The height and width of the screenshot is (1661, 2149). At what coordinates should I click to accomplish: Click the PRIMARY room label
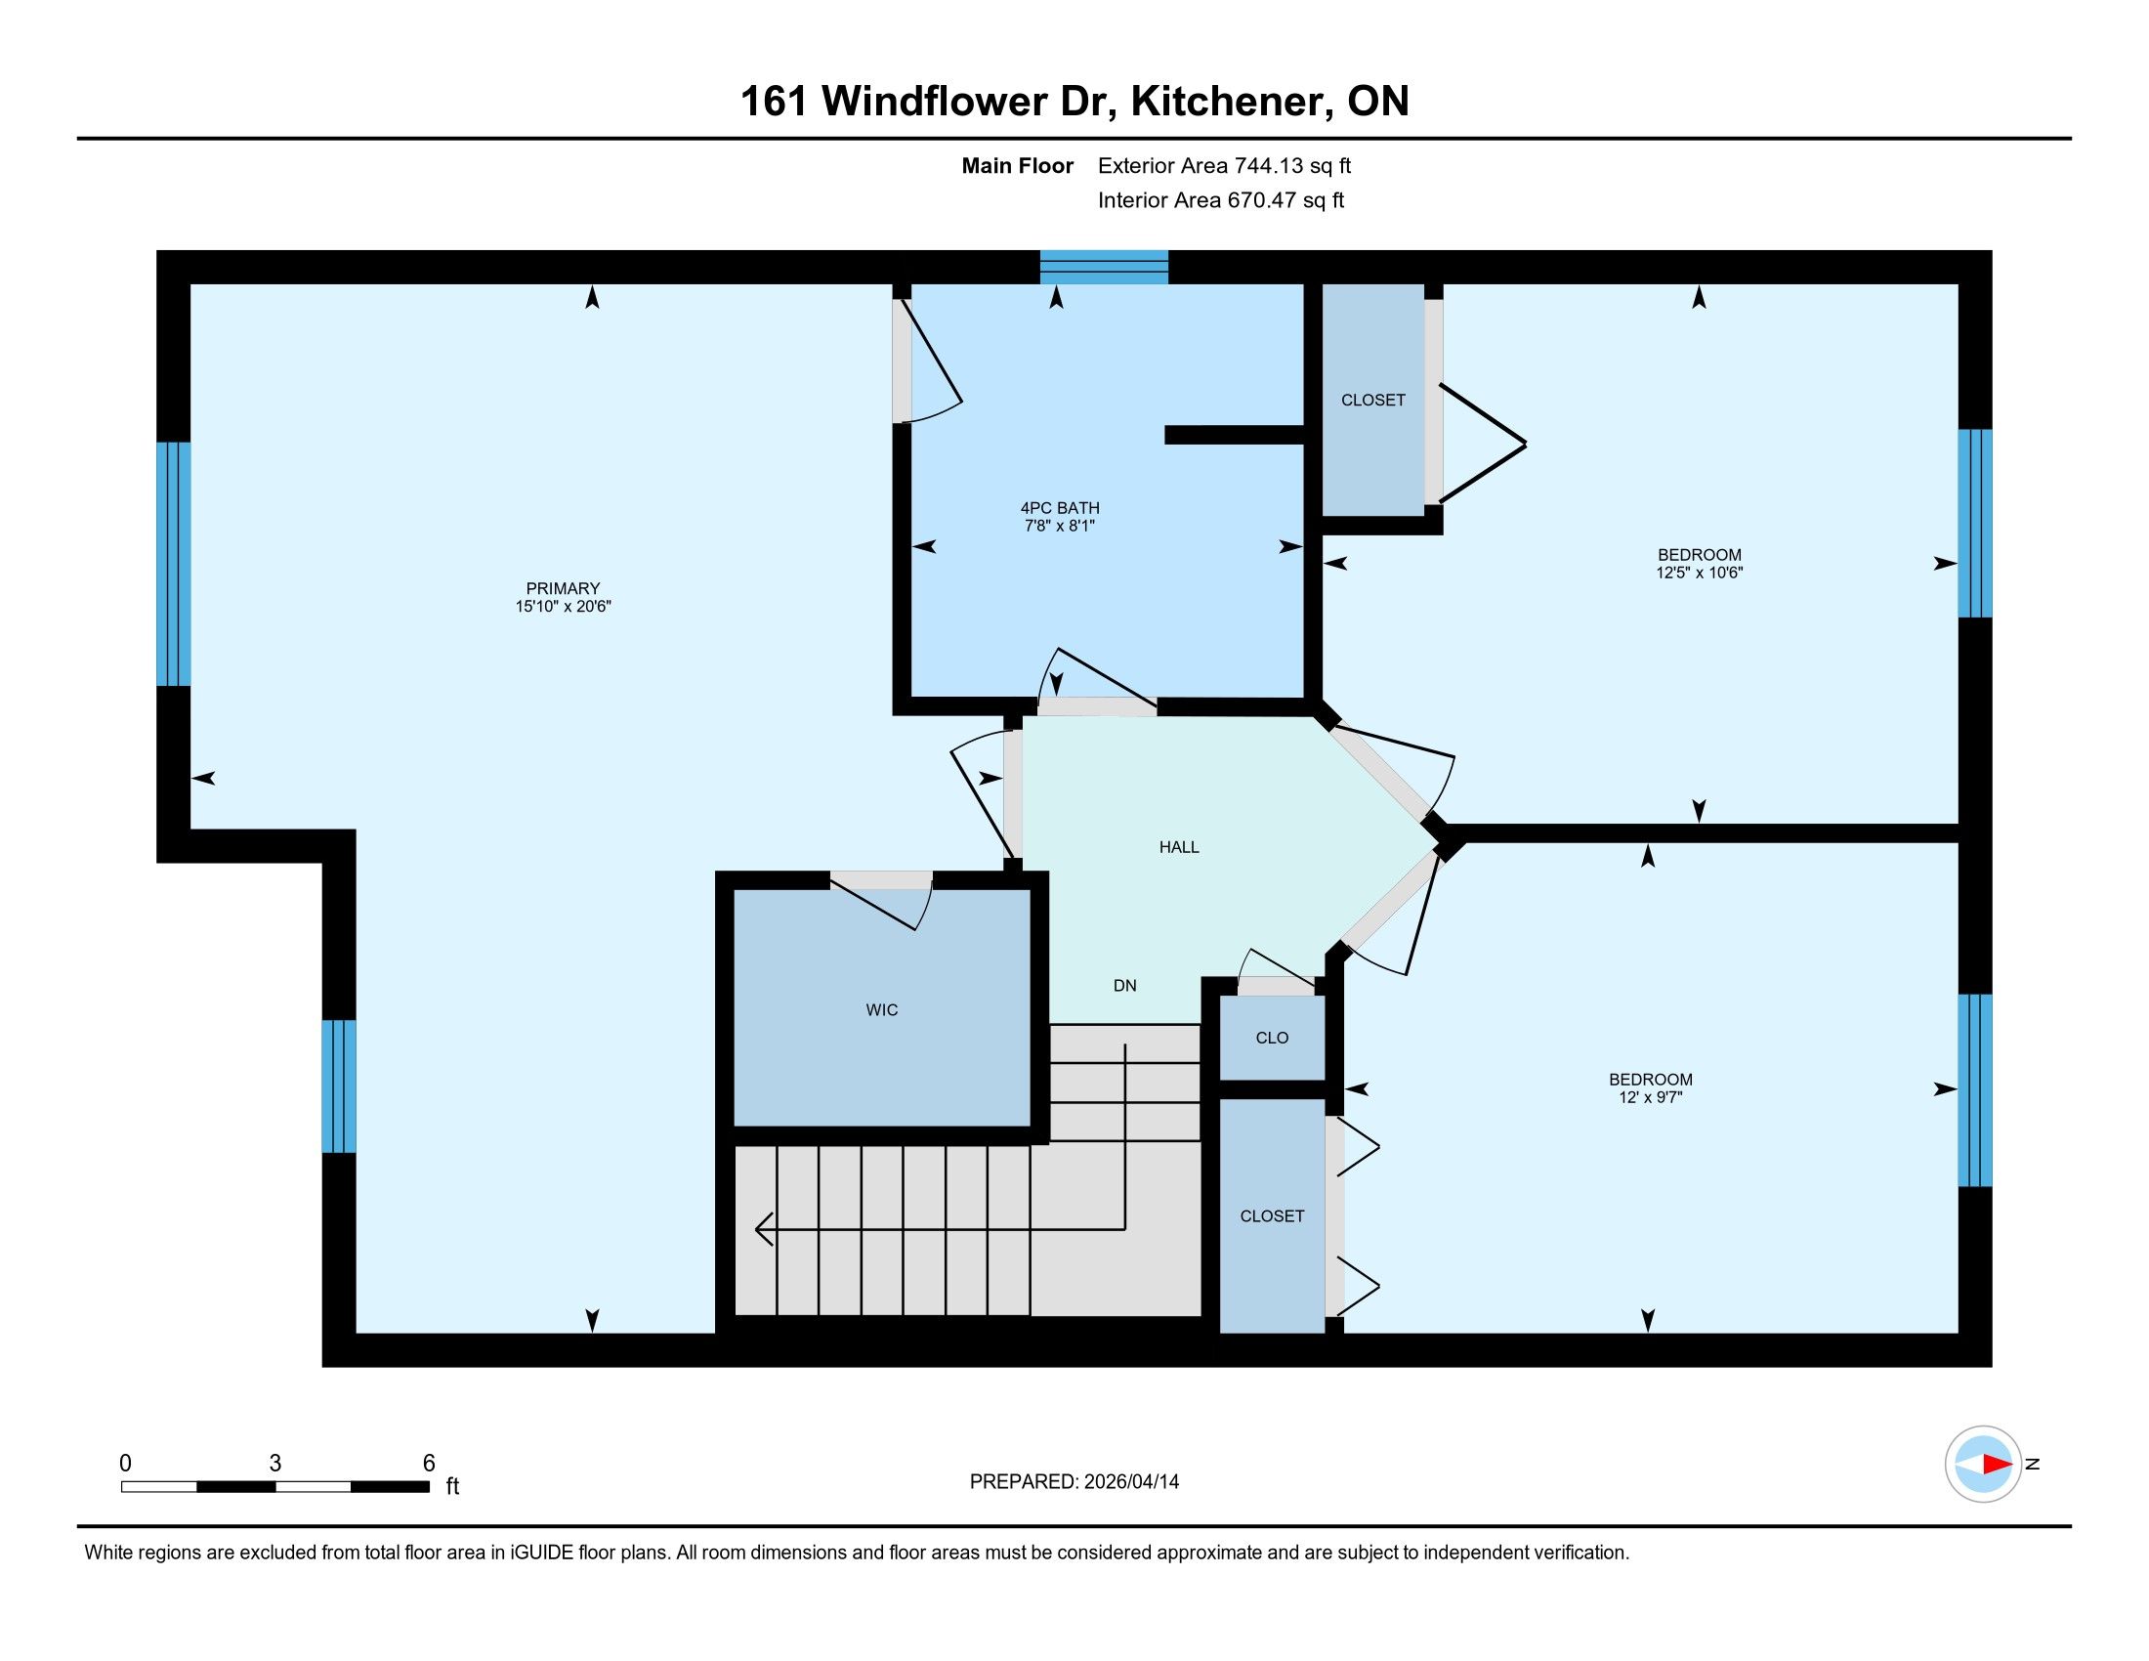[563, 588]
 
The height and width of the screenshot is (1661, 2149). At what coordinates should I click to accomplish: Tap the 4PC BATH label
[1060, 508]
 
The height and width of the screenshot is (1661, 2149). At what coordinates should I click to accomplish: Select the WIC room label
[882, 1009]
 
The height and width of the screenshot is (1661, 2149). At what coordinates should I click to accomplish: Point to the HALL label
[1179, 846]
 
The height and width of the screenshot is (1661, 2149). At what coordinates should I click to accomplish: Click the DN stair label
[1124, 985]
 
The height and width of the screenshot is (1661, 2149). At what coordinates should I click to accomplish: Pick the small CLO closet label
[1272, 1037]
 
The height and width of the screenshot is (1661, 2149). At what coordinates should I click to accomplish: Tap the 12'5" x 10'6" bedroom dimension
[1700, 572]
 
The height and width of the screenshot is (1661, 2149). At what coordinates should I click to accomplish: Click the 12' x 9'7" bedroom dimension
[1650, 1096]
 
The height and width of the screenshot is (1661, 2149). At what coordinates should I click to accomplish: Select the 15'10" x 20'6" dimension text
[563, 606]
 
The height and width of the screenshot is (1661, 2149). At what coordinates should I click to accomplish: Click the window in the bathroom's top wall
[1104, 267]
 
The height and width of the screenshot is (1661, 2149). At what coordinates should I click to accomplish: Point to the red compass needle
[1997, 1465]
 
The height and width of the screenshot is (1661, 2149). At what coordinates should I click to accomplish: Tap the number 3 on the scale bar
[275, 1464]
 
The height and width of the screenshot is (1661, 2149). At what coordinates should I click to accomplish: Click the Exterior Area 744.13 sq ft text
[1224, 165]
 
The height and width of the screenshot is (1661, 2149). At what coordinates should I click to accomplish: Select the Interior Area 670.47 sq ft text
[1220, 199]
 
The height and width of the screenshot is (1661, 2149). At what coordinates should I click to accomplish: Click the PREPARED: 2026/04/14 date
[1074, 1481]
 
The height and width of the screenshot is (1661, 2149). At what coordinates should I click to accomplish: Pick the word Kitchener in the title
[1225, 102]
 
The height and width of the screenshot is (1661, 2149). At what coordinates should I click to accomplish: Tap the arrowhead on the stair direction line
[764, 1229]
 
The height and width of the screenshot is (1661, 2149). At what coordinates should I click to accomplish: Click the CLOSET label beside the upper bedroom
[1372, 400]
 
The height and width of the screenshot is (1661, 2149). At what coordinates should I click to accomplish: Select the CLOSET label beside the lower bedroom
[1272, 1216]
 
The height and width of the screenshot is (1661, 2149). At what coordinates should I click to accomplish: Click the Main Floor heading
[1018, 165]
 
